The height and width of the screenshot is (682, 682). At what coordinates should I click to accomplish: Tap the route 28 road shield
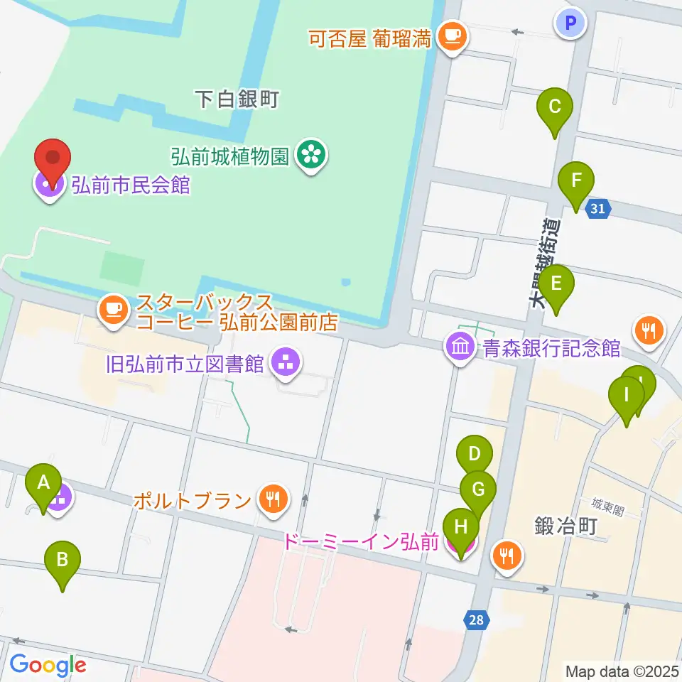click(x=476, y=620)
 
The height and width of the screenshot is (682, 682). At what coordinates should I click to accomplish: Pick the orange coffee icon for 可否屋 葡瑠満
click(x=450, y=36)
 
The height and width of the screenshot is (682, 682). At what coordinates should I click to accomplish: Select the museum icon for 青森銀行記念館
click(x=460, y=347)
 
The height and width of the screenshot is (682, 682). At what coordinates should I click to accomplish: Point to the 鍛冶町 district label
click(x=565, y=526)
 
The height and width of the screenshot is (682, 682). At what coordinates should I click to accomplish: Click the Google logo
click(x=48, y=665)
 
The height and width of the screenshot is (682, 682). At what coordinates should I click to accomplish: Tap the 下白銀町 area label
click(x=237, y=99)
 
